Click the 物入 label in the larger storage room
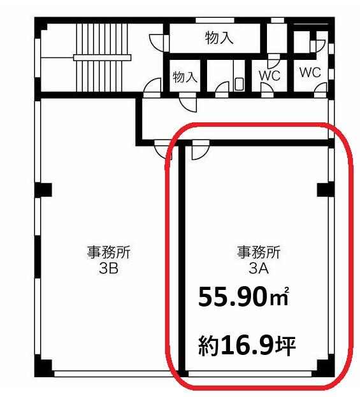tap(219, 38)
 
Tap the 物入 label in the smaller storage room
tap(185, 76)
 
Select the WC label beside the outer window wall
tap(310, 73)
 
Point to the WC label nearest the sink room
tap(270, 75)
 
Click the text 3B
tap(108, 268)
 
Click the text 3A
tap(259, 269)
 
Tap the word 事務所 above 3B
tap(108, 252)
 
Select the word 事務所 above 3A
tap(259, 252)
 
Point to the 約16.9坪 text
tap(247, 346)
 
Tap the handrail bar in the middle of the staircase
tap(103, 58)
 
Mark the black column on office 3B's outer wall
tap(43, 190)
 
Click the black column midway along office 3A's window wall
tap(326, 190)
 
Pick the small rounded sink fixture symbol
tap(239, 84)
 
